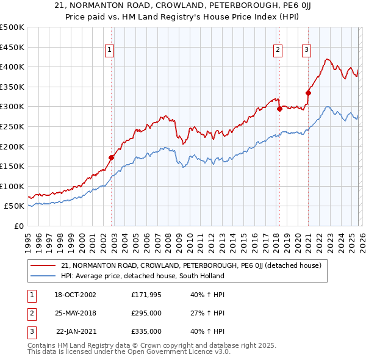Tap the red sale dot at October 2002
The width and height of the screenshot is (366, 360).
point(112,157)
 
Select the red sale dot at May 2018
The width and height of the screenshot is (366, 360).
point(279,109)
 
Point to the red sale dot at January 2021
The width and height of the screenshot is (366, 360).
point(308,93)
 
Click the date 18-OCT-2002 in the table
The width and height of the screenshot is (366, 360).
point(75,295)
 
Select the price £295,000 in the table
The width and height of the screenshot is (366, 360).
point(146,313)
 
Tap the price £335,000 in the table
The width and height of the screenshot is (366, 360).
point(146,331)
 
